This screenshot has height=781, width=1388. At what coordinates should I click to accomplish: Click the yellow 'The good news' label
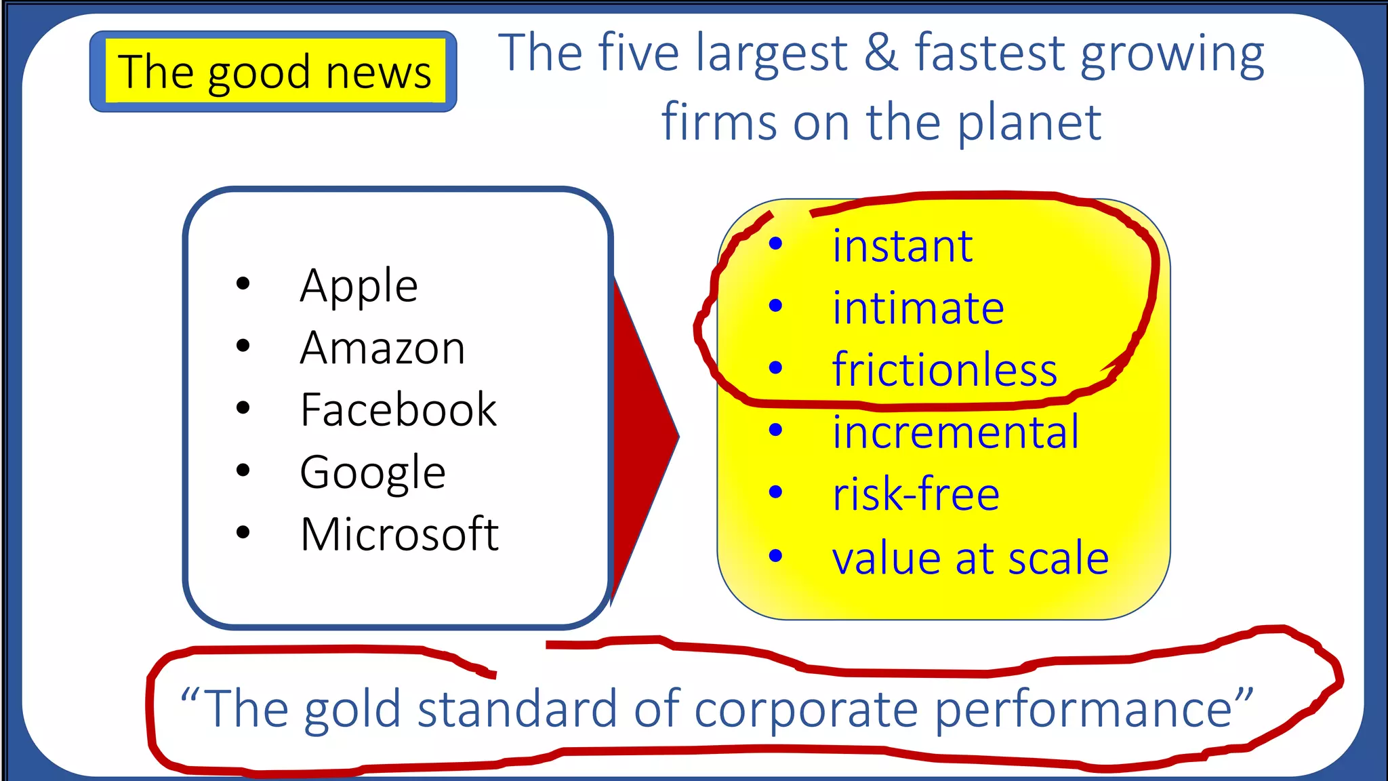click(274, 72)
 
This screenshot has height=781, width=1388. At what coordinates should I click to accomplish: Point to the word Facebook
click(399, 410)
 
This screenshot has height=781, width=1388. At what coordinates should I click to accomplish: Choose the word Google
click(373, 473)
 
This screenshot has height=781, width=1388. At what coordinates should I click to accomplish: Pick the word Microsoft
click(399, 534)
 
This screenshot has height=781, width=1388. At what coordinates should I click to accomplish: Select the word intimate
click(918, 308)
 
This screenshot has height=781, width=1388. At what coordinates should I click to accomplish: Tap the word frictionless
click(944, 370)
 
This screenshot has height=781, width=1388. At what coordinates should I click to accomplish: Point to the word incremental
click(955, 432)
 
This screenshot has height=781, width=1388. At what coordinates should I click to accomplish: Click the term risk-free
click(916, 494)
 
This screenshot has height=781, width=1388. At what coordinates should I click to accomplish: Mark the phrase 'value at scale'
click(970, 559)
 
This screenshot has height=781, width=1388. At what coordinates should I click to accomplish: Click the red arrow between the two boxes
click(644, 437)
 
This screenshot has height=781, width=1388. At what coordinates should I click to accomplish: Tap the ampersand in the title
click(880, 53)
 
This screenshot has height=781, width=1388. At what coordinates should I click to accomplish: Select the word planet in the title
click(1029, 123)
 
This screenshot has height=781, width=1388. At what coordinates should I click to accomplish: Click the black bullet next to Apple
click(243, 284)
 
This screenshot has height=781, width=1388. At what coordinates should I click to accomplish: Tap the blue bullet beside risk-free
click(776, 493)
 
